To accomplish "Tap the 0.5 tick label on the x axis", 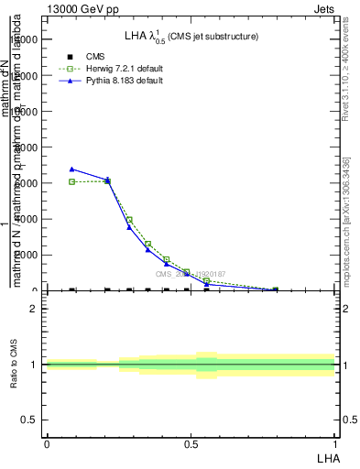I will [x=191, y=442].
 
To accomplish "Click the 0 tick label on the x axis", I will [x=47, y=442].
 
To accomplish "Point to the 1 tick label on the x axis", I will [x=335, y=442].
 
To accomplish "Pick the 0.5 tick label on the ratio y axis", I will [x=29, y=420].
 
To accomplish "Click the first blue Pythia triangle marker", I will [x=72, y=169].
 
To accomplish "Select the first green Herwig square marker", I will [x=72, y=182].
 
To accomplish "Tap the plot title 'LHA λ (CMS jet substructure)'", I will [x=191, y=36].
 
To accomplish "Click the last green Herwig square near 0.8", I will [x=275, y=290].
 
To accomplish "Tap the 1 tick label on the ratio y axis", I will [x=33, y=365].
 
